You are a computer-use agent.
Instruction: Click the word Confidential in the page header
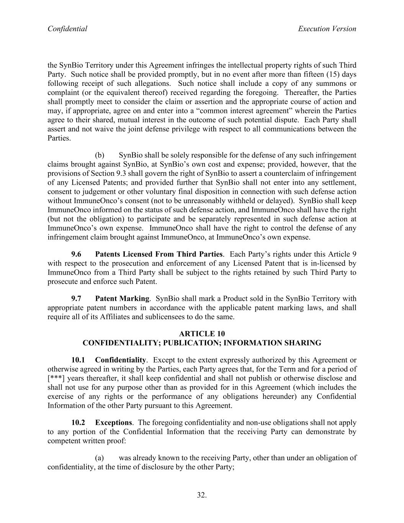(x=67, y=29)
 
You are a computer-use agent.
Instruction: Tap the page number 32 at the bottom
(x=201, y=495)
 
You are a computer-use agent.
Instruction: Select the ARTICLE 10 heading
(x=202, y=333)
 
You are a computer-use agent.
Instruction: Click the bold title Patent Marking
(x=122, y=298)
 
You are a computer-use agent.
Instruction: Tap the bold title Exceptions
(x=113, y=423)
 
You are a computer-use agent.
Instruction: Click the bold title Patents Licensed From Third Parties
(x=159, y=254)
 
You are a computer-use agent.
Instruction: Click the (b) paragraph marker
(x=100, y=155)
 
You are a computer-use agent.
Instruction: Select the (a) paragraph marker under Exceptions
(x=100, y=458)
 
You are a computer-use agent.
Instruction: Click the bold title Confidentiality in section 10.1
(x=120, y=360)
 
